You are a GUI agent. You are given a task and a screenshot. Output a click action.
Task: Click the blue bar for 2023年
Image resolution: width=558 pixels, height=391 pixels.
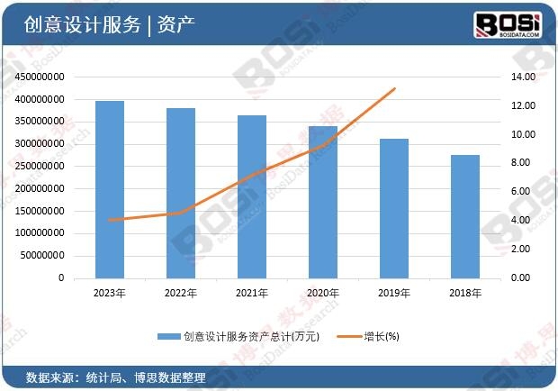tap(110, 189)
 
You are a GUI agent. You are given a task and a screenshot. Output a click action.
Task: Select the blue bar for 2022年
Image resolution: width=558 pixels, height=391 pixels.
tap(181, 193)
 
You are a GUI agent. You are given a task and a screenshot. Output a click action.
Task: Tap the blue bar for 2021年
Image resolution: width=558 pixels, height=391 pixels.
tap(252, 196)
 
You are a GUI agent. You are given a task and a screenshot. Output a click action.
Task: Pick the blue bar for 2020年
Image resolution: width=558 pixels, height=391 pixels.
tap(323, 202)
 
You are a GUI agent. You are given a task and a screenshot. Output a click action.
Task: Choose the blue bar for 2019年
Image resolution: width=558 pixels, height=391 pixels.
tap(394, 208)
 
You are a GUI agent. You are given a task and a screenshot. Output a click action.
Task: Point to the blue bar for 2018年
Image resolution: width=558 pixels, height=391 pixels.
tap(465, 216)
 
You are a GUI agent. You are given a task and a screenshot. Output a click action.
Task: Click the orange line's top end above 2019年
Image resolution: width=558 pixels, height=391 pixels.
tap(395, 88)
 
